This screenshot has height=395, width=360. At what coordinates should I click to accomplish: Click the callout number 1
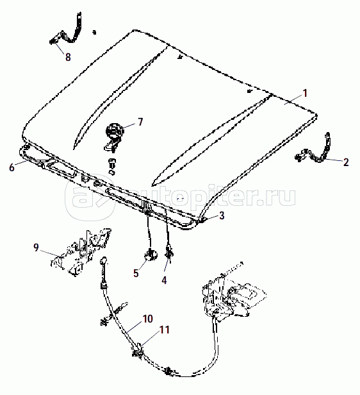305,94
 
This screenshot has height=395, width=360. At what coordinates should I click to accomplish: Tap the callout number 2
346,162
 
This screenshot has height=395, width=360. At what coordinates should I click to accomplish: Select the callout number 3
222,215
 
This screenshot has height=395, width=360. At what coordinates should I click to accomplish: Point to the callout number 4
164,280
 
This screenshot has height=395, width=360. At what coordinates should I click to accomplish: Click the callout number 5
136,273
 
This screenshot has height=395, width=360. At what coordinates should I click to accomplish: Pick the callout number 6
12,167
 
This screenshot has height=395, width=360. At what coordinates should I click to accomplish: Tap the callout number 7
140,122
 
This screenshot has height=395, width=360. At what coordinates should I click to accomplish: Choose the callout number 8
68,57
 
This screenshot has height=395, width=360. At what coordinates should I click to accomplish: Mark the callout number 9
37,248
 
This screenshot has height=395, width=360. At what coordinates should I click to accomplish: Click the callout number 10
148,319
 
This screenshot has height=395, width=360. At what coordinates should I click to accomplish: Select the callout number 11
165,330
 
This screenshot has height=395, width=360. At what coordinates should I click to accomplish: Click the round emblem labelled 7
115,131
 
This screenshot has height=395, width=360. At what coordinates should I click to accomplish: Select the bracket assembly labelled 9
81,252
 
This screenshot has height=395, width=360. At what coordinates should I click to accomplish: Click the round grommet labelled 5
151,255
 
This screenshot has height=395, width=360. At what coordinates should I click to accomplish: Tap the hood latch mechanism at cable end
233,296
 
